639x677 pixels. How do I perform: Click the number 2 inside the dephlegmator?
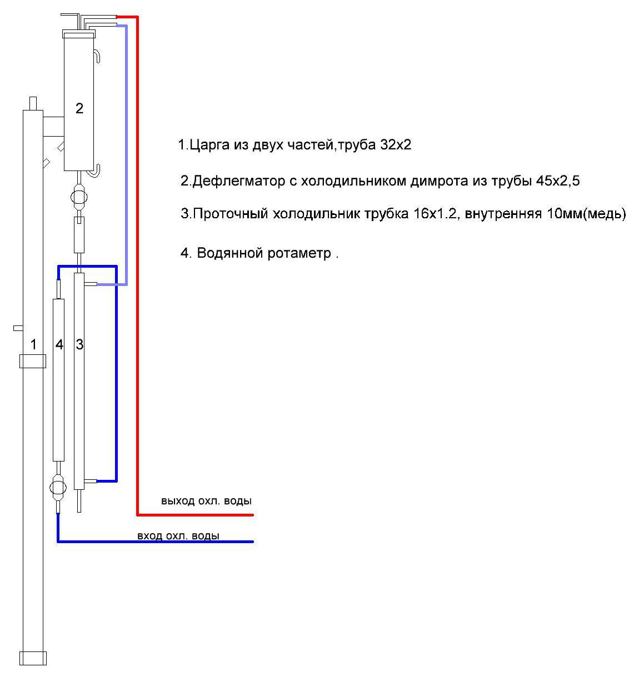pos(79,108)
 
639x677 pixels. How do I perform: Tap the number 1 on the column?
pos(33,344)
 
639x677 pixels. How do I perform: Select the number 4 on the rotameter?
pos(59,345)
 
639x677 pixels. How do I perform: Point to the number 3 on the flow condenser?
pos(79,345)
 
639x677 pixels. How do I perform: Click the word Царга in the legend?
pos(209,145)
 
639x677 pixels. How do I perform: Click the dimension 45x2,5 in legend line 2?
pos(558,180)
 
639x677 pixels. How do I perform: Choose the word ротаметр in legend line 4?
pos(299,253)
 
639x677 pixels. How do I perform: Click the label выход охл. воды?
pos(206,501)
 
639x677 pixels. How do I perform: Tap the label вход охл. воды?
pos(178,535)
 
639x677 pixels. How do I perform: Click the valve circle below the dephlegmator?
pos(79,197)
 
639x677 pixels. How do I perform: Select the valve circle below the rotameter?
pos(58,488)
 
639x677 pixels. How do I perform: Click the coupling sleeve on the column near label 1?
pos(32,362)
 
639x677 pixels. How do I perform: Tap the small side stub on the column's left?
pos(18,328)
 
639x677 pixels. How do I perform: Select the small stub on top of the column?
pos(33,104)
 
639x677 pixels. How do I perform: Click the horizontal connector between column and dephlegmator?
pos(53,127)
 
